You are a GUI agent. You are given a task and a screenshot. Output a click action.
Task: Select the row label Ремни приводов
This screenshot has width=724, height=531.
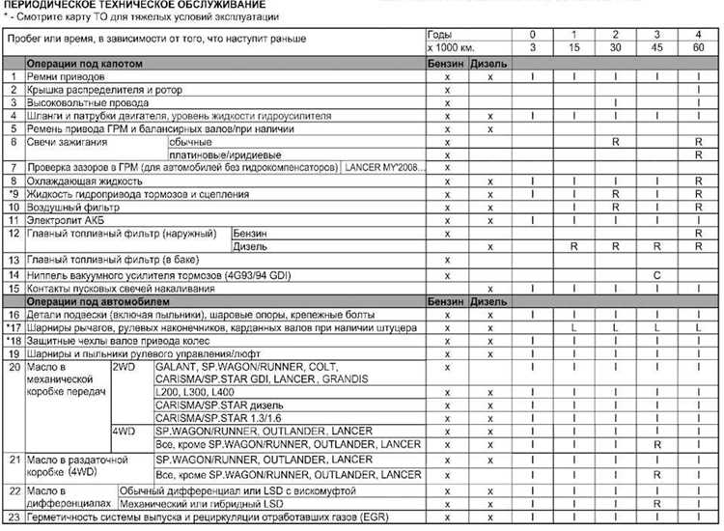tap(60, 75)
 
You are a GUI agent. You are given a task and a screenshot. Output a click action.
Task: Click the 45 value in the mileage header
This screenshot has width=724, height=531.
tap(656, 47)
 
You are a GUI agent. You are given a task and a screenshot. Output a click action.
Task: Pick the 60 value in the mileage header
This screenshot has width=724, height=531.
tap(697, 47)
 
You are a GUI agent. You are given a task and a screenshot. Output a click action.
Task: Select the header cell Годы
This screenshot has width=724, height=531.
tap(439, 35)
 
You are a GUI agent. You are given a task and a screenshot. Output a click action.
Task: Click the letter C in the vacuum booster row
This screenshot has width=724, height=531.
tap(656, 275)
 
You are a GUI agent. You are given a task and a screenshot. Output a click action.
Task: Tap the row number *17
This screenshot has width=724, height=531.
tap(13, 328)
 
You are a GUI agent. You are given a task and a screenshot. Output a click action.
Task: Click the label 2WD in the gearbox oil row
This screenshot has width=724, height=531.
tap(125, 368)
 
